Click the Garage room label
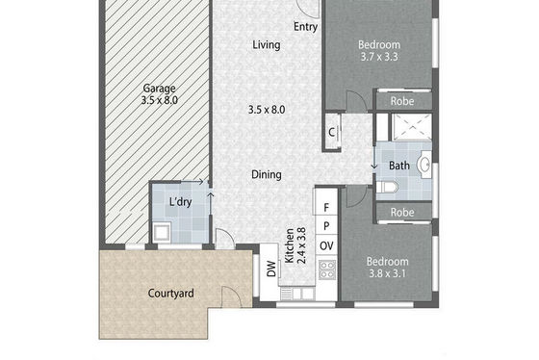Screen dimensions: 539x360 (159, 89)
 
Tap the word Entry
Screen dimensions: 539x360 (305, 27)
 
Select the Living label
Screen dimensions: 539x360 (267, 44)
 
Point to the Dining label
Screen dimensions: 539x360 (267, 174)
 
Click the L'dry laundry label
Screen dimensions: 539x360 (181, 202)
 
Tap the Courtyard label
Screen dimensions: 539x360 (171, 294)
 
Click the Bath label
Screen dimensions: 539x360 (399, 166)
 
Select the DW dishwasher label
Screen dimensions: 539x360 (271, 269)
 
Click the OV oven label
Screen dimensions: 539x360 (326, 245)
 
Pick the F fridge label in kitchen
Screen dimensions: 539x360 (326, 207)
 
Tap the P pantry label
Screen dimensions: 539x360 (326, 226)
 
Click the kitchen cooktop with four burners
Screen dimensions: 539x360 (327, 270)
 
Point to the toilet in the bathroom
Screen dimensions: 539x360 (387, 188)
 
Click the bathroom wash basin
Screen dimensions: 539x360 (424, 165)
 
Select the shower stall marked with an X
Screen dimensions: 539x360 (412, 127)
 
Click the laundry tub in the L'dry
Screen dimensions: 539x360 (163, 232)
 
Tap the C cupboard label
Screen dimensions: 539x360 (332, 132)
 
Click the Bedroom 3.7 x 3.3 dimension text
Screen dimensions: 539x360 (379, 57)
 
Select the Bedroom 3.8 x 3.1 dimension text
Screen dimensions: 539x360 (387, 273)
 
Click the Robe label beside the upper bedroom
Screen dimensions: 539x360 (402, 101)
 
